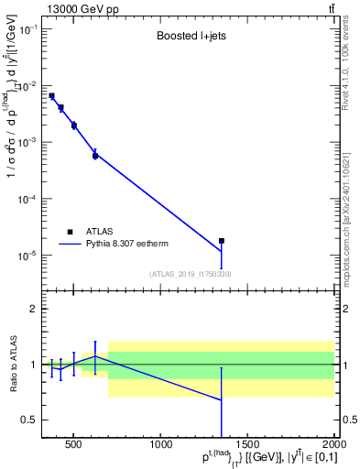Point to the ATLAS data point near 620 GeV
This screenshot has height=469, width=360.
tap(95, 156)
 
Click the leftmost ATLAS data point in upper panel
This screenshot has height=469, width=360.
tap(51, 95)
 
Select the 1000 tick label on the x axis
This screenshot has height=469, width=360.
tap(162, 445)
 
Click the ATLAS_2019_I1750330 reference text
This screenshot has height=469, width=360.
tap(190, 273)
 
